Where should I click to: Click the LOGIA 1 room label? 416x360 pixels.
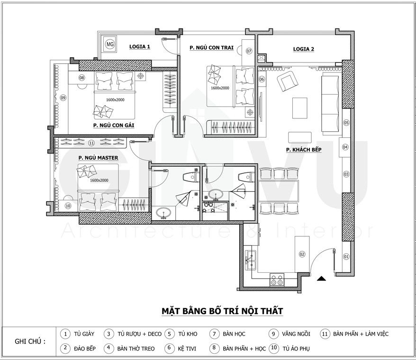click(x=140, y=47)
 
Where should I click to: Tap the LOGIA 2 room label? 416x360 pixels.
click(x=304, y=49)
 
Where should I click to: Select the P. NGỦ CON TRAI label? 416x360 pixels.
click(x=211, y=48)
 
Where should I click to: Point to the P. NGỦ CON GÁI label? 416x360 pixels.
click(x=114, y=125)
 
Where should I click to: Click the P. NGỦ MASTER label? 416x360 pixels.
click(x=98, y=158)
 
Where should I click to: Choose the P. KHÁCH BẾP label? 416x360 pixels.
click(x=304, y=150)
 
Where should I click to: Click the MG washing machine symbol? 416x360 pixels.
click(x=110, y=44)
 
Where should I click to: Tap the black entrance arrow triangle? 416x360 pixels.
click(x=322, y=279)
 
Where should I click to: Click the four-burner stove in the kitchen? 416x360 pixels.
click(x=277, y=279)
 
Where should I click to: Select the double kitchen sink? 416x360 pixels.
click(x=250, y=260)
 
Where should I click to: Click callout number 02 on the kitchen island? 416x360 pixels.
click(x=302, y=254)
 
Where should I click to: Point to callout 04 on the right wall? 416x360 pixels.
click(x=345, y=147)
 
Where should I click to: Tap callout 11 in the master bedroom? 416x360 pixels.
click(x=91, y=143)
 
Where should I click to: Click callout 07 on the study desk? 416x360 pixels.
click(x=249, y=51)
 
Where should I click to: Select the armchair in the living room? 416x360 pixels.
click(x=287, y=81)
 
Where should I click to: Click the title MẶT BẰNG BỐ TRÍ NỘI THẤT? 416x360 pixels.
click(x=222, y=311)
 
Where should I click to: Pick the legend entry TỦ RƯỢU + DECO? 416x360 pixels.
click(x=140, y=334)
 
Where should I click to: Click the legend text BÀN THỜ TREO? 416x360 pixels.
click(x=136, y=349)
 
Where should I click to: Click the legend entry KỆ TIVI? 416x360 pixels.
click(x=187, y=349)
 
